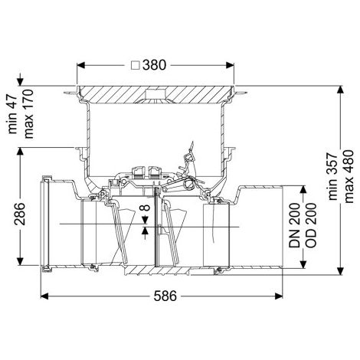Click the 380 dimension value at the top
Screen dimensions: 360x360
click(x=154, y=65)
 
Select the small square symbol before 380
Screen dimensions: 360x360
click(x=136, y=65)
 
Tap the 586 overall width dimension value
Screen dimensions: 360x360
click(x=165, y=296)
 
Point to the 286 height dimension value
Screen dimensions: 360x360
click(x=20, y=214)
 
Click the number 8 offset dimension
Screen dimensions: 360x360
click(x=146, y=207)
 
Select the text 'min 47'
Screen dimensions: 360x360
click(x=12, y=114)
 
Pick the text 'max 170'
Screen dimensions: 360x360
click(x=28, y=114)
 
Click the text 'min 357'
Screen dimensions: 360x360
click(x=332, y=176)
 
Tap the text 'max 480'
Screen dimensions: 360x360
click(x=349, y=176)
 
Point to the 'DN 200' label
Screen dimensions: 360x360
click(x=294, y=225)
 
